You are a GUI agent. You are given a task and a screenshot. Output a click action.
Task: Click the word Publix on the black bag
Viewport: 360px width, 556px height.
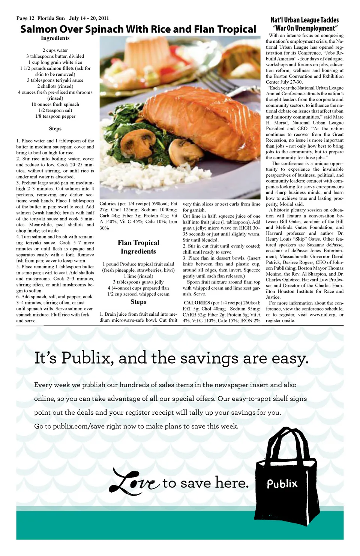point(282,484)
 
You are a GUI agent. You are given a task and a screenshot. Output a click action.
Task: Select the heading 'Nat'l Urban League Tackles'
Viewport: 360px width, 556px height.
point(304,20)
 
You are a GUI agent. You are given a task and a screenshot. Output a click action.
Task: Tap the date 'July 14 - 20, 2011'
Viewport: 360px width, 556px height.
point(89,18)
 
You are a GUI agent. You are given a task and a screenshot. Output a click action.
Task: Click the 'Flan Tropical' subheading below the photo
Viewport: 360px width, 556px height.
point(138,243)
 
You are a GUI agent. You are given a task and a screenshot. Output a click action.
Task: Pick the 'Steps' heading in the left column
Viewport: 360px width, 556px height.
point(55,129)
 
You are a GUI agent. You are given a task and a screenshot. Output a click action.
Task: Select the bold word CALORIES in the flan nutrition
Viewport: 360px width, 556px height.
point(197,303)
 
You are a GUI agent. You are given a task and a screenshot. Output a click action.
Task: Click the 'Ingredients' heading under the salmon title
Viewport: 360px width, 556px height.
point(55,38)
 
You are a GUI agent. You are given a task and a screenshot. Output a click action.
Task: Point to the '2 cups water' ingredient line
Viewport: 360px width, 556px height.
point(55,50)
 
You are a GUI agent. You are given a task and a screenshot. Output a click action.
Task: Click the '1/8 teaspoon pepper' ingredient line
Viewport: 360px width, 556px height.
point(55,116)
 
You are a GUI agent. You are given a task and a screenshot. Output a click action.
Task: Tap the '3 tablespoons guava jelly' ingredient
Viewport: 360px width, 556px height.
point(138,282)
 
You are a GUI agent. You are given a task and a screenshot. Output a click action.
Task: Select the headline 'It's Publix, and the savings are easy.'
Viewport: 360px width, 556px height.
point(171,358)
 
